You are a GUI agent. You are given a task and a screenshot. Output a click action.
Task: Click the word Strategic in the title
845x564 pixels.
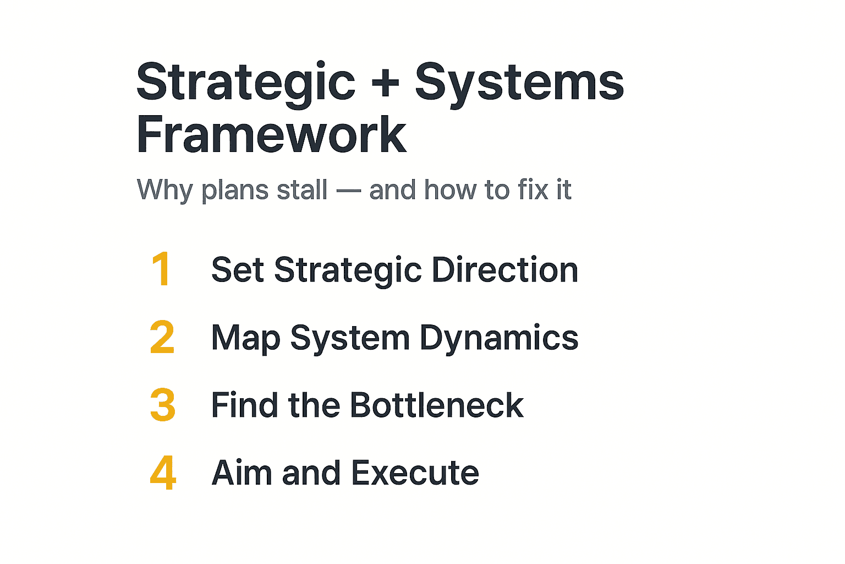coord(246,83)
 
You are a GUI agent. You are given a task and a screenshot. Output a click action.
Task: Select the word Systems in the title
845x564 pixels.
coord(519,83)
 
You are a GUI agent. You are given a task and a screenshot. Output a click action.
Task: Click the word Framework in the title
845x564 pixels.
coord(271,135)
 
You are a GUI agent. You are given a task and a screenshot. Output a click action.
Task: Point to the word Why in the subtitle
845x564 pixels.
coord(164,190)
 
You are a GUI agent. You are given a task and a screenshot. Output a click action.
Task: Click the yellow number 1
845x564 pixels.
coord(161,269)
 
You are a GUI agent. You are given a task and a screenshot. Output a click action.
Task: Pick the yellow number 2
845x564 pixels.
coord(162,337)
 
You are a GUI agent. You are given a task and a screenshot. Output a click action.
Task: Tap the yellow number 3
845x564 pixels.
coord(163,405)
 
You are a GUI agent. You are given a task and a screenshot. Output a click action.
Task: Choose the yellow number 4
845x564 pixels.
coord(163,473)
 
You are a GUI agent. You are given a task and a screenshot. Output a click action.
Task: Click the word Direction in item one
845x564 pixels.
coord(504,270)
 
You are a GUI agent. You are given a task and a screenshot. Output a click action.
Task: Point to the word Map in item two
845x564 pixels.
coord(245,338)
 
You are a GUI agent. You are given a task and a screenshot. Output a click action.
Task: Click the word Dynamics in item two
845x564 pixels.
coord(498,338)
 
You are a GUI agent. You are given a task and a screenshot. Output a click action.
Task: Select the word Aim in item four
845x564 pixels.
coord(240,473)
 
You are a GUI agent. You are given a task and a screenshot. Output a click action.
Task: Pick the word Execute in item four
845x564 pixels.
coord(415,473)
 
